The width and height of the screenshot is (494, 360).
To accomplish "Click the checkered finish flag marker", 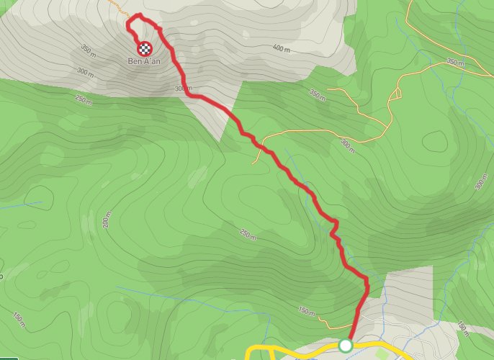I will tap(145, 48).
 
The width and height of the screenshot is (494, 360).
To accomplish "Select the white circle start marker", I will tap(345, 346).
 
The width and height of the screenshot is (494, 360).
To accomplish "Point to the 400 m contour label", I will tap(282, 48).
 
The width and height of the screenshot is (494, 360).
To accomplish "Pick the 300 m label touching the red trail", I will tap(184, 88).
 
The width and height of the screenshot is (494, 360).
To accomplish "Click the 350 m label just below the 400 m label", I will tap(316, 93).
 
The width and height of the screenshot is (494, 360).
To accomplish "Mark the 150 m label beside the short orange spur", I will tap(306, 311).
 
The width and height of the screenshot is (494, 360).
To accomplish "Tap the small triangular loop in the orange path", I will tap(396, 94).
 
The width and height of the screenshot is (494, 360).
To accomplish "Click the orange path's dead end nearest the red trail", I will tap(253, 162).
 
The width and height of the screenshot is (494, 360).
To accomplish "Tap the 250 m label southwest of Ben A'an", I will tap(83, 102).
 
